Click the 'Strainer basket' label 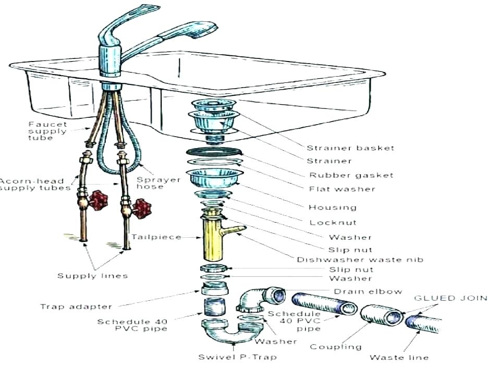(350, 148)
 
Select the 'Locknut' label (333, 222)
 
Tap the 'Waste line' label (399, 357)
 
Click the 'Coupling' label (335, 347)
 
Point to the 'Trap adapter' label (76, 307)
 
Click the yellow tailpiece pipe (212, 239)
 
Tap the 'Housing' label (333, 207)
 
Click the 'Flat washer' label (341, 189)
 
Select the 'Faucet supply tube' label (47, 131)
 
